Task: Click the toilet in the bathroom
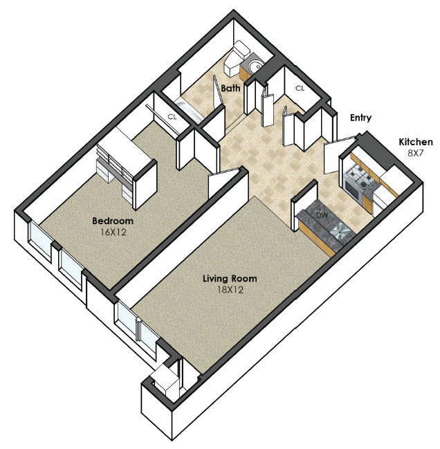[235, 59]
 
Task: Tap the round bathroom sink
[256, 66]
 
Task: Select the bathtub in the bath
[189, 109]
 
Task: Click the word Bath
[230, 88]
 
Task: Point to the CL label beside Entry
[300, 88]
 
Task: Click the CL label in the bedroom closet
[172, 117]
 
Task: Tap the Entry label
[360, 118]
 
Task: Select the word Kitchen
[416, 142]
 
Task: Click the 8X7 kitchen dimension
[415, 153]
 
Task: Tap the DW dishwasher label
[322, 214]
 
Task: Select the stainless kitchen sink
[340, 230]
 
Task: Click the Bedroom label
[113, 221]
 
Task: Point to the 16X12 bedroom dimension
[113, 232]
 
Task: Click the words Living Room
[230, 278]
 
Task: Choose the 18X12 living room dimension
[230, 290]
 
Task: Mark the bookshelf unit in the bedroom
[127, 168]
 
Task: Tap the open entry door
[340, 155]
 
